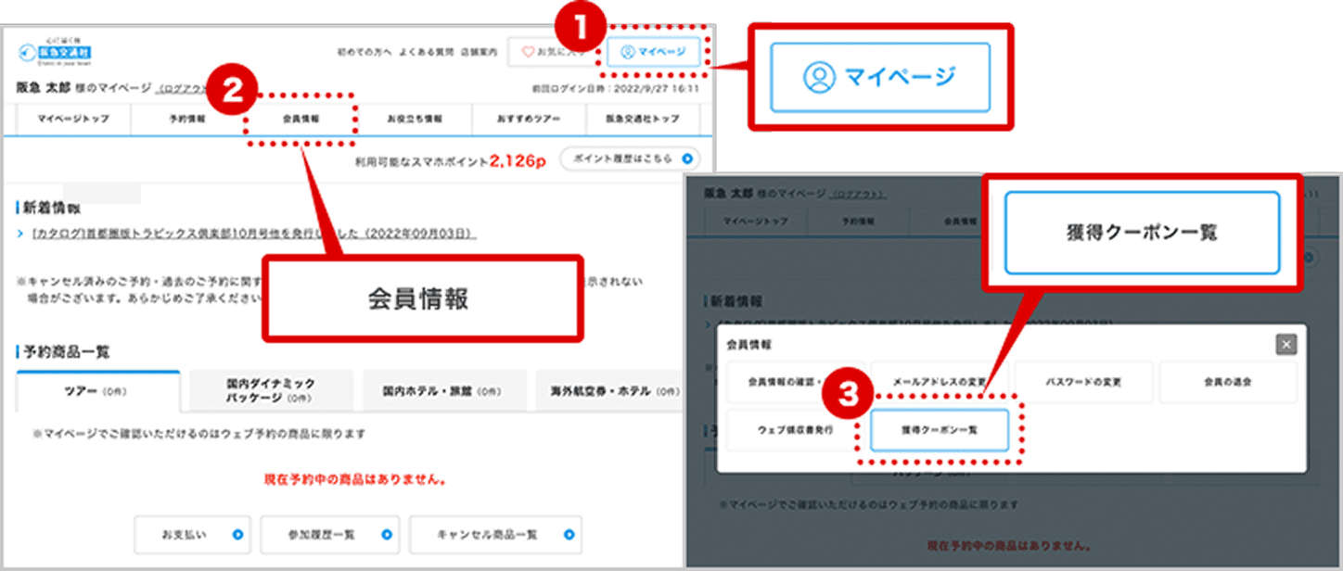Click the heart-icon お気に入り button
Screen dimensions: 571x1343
tap(552, 52)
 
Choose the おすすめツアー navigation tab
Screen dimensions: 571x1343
tap(529, 119)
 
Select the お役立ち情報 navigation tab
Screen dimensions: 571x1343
tap(414, 119)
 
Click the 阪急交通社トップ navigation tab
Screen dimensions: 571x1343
tap(643, 119)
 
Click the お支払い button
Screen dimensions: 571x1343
tap(192, 535)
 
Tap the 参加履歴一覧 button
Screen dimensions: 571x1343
tap(329, 535)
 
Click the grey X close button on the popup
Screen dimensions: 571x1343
tap(1285, 345)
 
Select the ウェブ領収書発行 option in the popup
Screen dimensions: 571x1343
tap(795, 430)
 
